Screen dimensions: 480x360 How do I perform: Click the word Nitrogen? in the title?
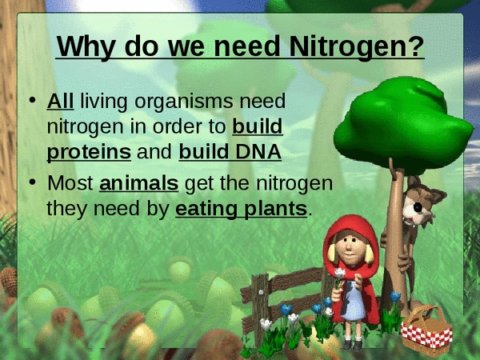[x=357, y=46]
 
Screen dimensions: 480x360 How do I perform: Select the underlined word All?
[x=60, y=101]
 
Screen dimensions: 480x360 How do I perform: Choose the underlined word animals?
[x=138, y=183]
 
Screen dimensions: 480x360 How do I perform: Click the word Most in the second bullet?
[x=70, y=183]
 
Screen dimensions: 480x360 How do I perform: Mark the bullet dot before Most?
[x=32, y=182]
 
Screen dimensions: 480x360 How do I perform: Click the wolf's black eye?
[x=418, y=207]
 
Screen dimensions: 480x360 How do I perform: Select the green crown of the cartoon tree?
[x=402, y=126]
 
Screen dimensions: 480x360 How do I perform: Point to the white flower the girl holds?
[x=340, y=273]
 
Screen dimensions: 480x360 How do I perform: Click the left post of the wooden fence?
[x=260, y=309]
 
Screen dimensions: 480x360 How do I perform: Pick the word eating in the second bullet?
[x=206, y=210]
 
